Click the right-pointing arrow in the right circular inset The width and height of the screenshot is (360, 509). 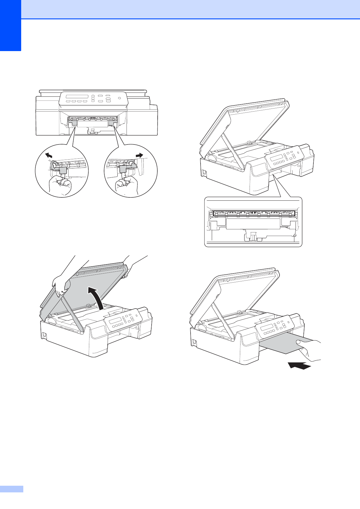pyautogui.click(x=139, y=155)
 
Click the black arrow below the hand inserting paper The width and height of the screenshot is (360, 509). pyautogui.click(x=299, y=365)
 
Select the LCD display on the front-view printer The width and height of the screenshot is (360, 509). pyautogui.click(x=77, y=97)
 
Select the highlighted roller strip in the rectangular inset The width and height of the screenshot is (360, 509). pyautogui.click(x=254, y=213)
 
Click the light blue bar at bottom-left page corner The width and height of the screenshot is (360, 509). pyautogui.click(x=11, y=489)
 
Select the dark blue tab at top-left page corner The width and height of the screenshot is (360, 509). pyautogui.click(x=10, y=25)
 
